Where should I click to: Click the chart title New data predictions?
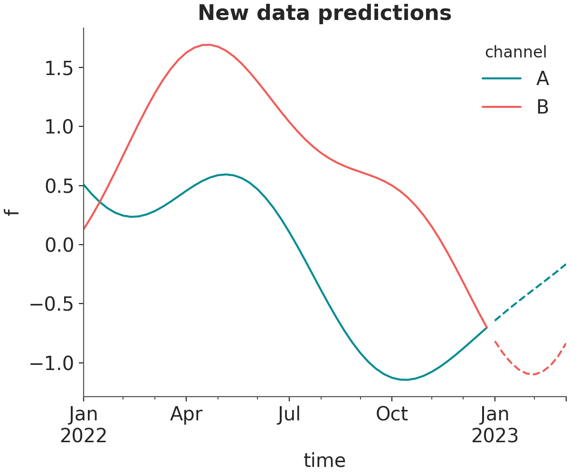[x=324, y=13]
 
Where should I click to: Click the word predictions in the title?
[x=385, y=13]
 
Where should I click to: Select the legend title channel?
[x=516, y=52]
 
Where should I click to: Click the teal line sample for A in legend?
[x=502, y=78]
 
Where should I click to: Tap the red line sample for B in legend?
[x=502, y=107]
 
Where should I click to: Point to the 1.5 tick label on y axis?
[x=59, y=68]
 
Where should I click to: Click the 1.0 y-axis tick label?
[x=59, y=127]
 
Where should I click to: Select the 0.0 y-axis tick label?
[x=59, y=245]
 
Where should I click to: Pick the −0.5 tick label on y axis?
[x=52, y=304]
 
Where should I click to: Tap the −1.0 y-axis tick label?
[x=52, y=363]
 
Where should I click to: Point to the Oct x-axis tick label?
[x=392, y=414]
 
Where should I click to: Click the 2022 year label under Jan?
[x=83, y=436]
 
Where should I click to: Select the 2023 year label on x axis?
[x=494, y=436]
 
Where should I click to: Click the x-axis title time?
[x=324, y=461]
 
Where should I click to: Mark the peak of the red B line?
[x=209, y=45]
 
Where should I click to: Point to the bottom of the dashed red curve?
[x=533, y=374]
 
